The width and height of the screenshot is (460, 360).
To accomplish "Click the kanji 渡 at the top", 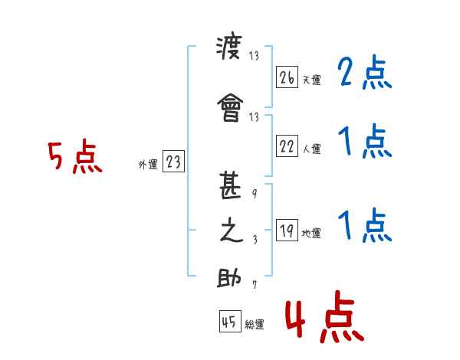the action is click(229, 45).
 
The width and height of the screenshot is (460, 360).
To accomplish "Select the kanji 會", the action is click(230, 107).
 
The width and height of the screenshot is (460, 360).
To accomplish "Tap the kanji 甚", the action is click(230, 185).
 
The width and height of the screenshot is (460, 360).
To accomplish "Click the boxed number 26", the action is click(287, 77).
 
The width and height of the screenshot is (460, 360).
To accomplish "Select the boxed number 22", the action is click(287, 146).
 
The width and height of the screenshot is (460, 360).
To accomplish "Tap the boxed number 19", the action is click(287, 230).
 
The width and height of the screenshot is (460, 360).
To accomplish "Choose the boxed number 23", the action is click(173, 161).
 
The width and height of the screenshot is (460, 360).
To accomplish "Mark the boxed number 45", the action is click(230, 321).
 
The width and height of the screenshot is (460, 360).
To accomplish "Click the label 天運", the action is click(312, 80).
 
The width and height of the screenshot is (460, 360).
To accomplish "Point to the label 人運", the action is click(312, 149).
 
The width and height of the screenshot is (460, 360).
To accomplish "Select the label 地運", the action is click(311, 233).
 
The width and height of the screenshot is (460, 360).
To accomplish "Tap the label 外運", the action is click(148, 165).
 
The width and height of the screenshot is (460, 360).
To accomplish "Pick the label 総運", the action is click(255, 324).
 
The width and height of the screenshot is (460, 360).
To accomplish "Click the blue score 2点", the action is click(365, 72).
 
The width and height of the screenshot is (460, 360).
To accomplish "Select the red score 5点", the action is click(75, 156).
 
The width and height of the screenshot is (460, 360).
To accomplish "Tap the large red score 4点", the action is click(325, 316).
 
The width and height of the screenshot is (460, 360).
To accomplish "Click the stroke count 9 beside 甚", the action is click(255, 194).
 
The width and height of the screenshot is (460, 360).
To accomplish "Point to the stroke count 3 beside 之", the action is click(255, 240).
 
